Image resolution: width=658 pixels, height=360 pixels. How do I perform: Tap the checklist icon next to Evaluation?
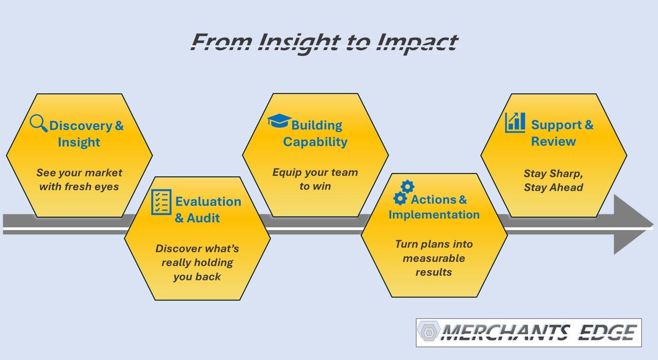point(161,201)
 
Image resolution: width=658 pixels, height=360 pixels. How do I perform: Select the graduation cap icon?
point(279,121)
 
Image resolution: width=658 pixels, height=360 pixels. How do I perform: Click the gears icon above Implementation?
point(403,192)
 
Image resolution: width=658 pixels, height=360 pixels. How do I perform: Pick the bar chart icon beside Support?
point(515,122)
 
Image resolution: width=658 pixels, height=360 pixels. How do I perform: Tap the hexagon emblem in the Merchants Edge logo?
point(429,332)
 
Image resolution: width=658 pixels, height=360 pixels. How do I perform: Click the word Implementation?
point(434,215)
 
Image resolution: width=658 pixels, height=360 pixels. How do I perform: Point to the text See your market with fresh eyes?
point(79,180)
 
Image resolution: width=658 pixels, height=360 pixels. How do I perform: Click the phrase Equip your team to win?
point(315,179)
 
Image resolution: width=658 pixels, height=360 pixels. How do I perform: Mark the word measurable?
point(434,258)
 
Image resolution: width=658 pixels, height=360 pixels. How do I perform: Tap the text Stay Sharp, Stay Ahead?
point(553,180)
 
